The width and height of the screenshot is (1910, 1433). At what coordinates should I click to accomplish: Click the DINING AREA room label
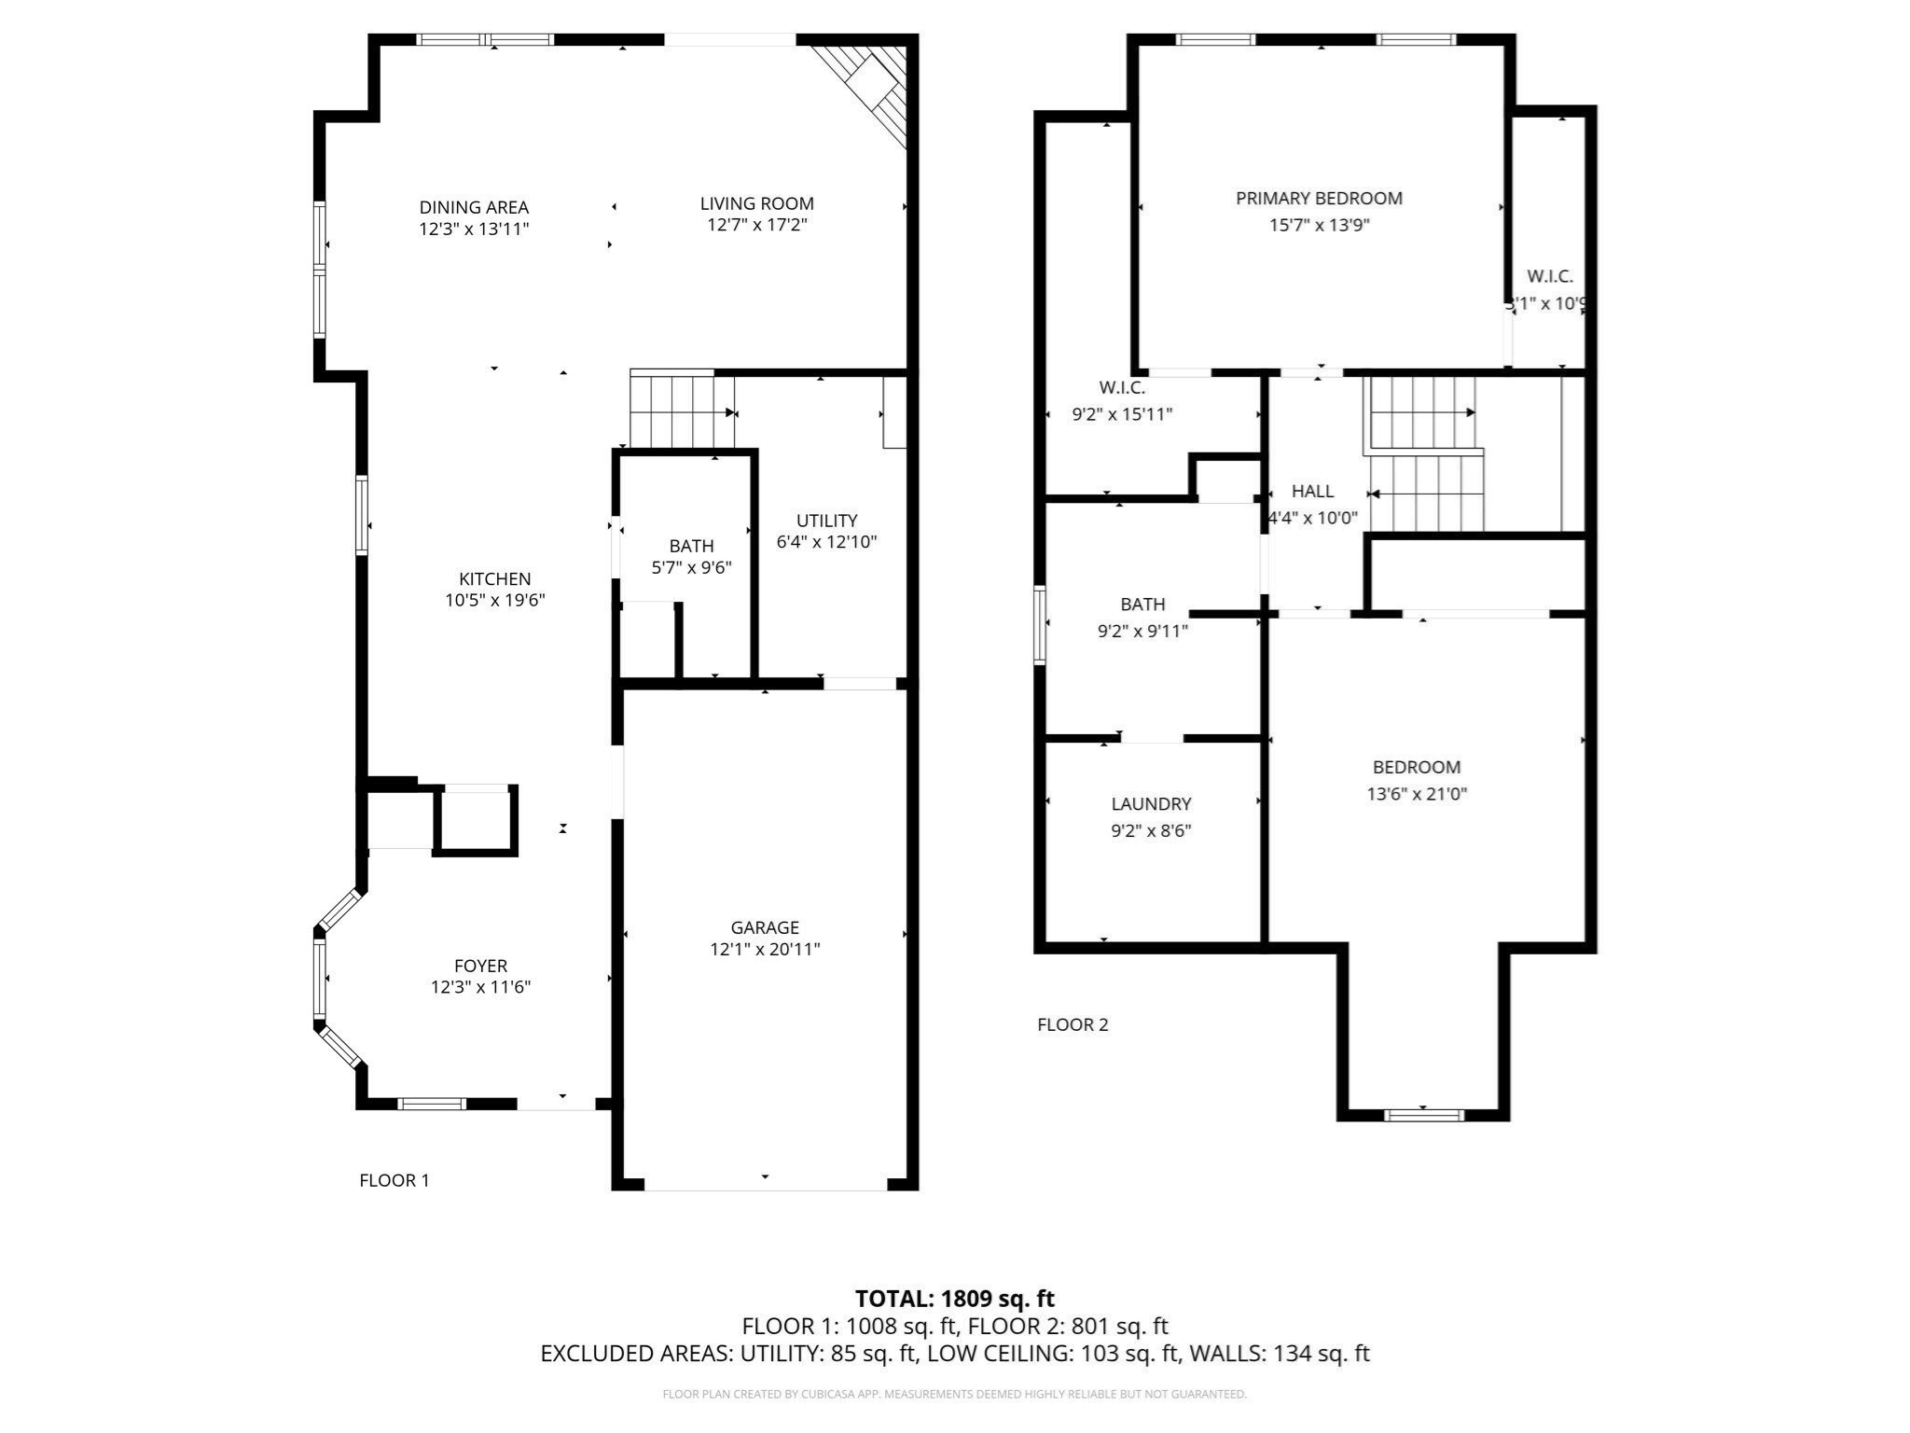474,207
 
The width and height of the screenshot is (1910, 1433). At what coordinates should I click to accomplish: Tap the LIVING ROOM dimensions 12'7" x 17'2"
756,225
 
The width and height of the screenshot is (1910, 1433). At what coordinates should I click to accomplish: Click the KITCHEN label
494,579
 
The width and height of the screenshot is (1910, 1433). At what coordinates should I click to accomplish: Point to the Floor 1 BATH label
691,546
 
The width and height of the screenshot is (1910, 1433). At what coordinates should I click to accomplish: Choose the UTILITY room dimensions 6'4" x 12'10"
826,542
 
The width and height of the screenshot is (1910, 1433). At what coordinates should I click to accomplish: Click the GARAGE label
765,927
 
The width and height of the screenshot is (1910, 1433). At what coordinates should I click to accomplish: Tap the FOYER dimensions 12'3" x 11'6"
480,987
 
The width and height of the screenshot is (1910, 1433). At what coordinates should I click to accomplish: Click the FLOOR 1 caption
394,1180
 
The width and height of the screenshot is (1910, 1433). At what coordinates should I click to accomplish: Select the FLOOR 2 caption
1073,1024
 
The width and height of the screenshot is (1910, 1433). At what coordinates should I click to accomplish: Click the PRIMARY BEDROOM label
1319,198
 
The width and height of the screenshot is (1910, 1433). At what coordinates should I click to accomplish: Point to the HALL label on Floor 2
1312,491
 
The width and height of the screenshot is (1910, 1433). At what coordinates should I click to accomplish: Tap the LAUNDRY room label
1151,803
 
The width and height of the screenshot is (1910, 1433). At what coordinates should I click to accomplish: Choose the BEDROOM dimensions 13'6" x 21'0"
1417,794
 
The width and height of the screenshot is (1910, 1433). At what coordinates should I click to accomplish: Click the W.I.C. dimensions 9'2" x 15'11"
1122,414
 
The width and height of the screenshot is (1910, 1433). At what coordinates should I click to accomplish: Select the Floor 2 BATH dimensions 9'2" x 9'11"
1142,632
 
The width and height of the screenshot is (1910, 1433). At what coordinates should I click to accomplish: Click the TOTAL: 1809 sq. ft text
954,1299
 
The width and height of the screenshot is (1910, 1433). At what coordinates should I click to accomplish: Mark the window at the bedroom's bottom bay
1423,1114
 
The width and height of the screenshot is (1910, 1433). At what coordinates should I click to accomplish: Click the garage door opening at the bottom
765,1189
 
